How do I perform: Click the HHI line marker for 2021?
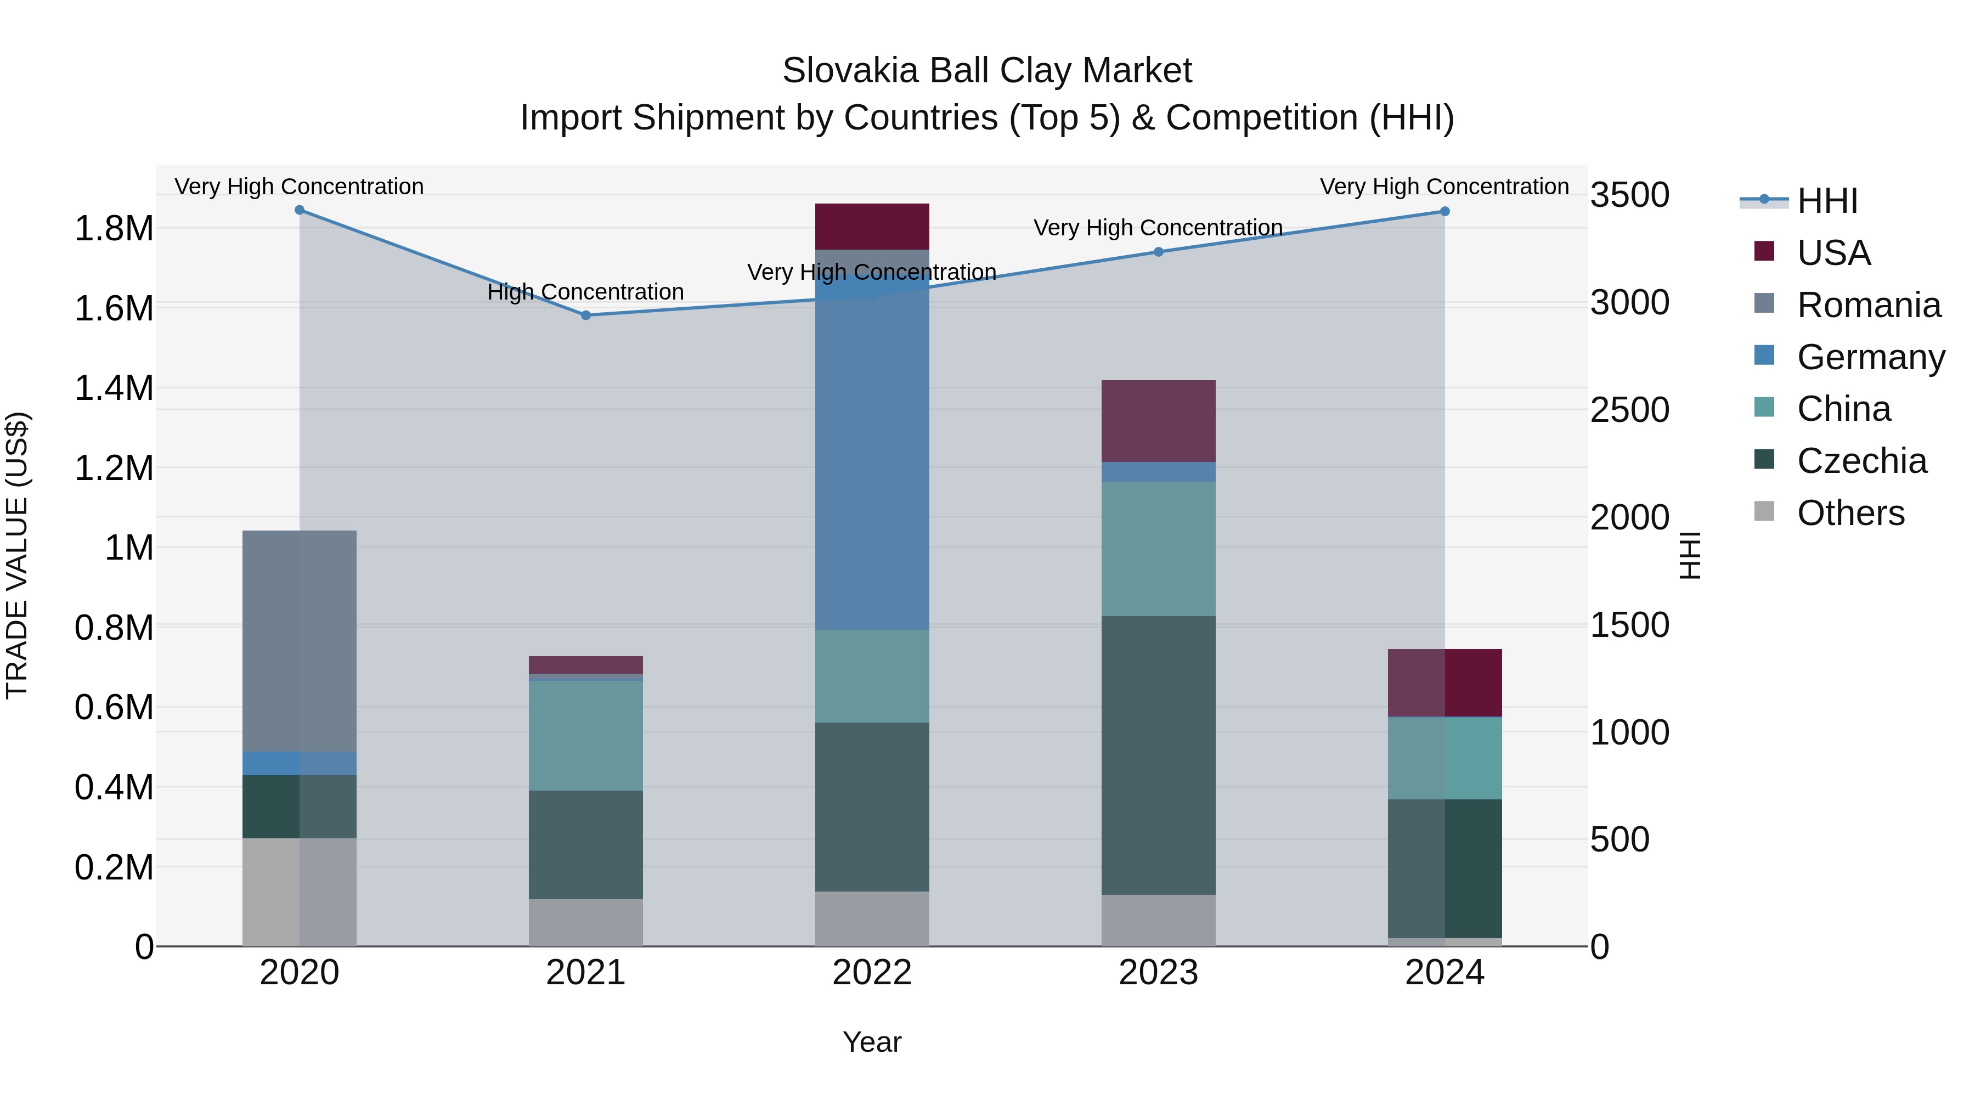point(586,315)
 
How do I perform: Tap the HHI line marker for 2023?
point(1159,251)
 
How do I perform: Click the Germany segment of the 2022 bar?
point(872,460)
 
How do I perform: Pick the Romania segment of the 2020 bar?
point(299,640)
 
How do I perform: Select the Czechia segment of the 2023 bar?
point(1159,755)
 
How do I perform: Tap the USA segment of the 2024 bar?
point(1444,683)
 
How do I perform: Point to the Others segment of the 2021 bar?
point(586,922)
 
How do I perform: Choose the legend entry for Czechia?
point(1861,461)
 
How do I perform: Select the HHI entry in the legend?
point(1826,201)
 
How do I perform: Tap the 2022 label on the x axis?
point(872,972)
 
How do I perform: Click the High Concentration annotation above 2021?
point(586,292)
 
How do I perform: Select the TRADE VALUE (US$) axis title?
point(17,555)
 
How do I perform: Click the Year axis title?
point(872,1042)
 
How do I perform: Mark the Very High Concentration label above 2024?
point(1444,187)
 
